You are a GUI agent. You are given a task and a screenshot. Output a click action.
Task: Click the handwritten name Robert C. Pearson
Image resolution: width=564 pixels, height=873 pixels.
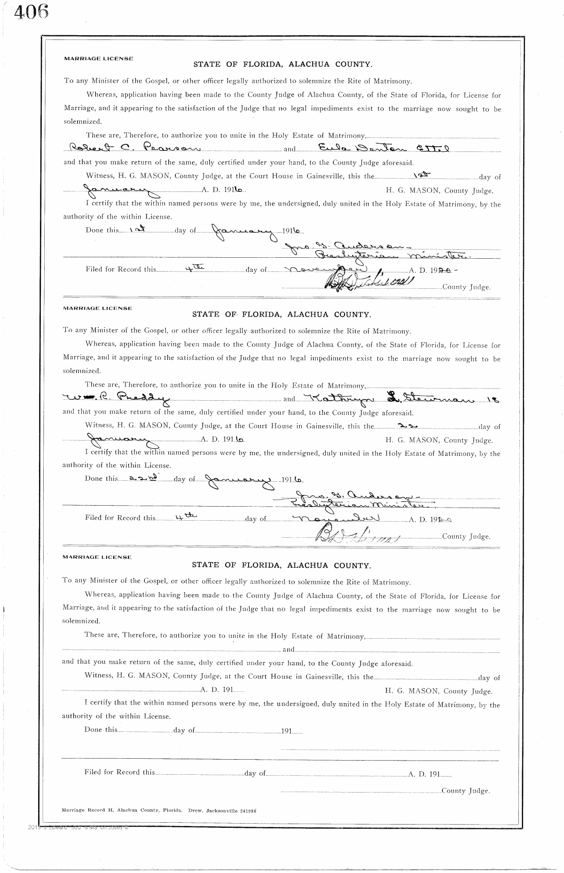(x=132, y=149)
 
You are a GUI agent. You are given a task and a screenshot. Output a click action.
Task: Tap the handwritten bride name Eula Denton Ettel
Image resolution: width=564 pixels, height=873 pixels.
(x=384, y=148)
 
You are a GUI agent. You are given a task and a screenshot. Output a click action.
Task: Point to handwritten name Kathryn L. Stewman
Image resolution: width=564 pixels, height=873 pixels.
(x=395, y=398)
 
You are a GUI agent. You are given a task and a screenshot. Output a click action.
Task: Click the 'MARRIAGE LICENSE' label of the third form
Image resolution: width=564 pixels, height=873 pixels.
(x=97, y=557)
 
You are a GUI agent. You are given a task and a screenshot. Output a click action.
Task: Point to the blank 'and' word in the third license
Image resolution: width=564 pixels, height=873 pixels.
(x=288, y=650)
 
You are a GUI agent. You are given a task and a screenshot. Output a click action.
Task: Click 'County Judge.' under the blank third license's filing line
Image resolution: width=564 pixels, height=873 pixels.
(x=465, y=791)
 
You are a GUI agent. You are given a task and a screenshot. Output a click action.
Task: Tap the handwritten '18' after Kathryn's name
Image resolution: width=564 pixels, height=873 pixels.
(x=493, y=400)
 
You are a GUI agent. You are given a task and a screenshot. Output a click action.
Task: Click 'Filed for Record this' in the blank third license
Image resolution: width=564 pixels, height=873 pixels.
(x=119, y=772)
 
